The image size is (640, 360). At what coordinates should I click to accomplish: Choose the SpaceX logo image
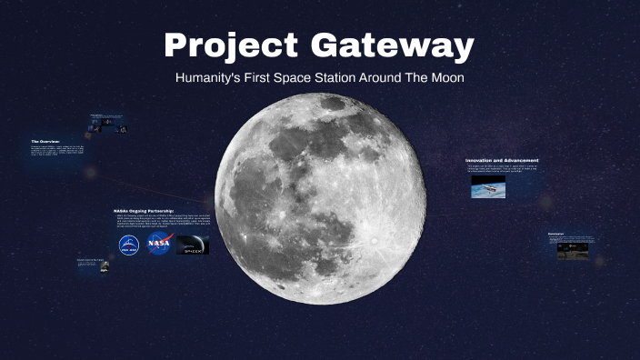193,245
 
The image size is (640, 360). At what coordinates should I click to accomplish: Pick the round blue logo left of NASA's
128,245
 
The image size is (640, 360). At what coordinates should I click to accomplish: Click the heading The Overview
45,142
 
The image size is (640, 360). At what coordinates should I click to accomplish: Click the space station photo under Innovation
488,185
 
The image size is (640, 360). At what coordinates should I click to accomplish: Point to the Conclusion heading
556,234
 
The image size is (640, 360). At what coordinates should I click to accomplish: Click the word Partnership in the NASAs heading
162,209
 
